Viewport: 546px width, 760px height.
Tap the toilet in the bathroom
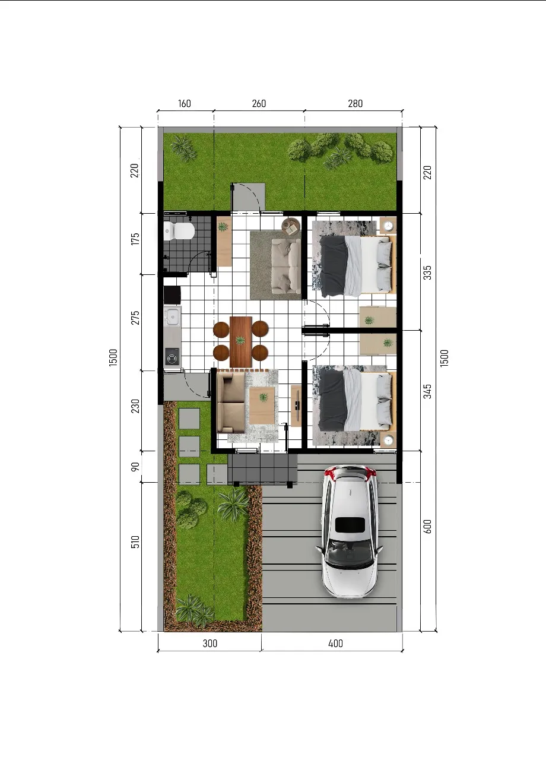tap(179, 231)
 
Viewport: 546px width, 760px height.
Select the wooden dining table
tap(241, 341)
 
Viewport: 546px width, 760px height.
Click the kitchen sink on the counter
tap(173, 316)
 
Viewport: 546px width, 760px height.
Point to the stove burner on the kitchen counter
tap(173, 357)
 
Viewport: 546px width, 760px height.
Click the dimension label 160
tap(185, 103)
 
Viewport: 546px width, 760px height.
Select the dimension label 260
tap(259, 103)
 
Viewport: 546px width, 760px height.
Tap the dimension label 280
tap(355, 103)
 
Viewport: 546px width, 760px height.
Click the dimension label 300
tap(210, 643)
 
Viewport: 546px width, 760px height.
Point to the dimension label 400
tap(335, 643)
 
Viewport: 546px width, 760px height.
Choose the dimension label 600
tap(428, 526)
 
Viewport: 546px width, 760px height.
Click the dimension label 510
tap(135, 542)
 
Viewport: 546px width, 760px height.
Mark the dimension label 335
tap(428, 273)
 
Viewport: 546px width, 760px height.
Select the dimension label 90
tap(135, 467)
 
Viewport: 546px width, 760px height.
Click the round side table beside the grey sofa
tap(291, 226)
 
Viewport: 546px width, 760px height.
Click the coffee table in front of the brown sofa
tap(262, 406)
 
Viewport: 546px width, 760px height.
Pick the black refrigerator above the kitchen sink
tap(172, 296)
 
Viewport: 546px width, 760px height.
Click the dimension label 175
tap(135, 239)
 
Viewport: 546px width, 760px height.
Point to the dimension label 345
tap(428, 391)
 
